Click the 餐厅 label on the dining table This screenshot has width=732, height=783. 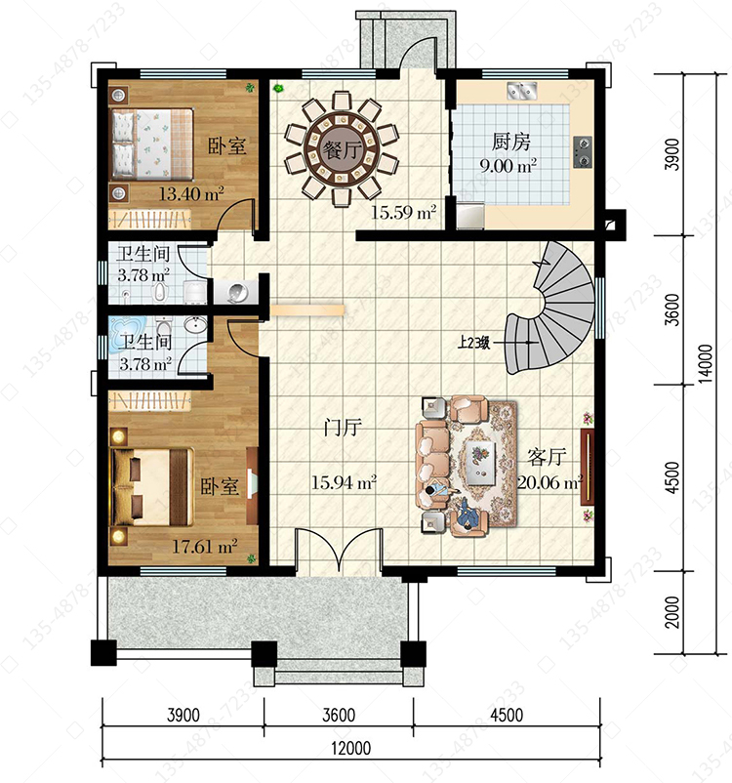click(x=342, y=149)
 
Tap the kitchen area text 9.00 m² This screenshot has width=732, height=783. click(x=508, y=165)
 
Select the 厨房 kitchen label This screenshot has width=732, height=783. click(x=510, y=142)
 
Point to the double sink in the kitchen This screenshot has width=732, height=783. click(x=522, y=91)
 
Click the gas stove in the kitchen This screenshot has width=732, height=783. click(x=583, y=151)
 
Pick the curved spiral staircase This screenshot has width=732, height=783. click(x=551, y=308)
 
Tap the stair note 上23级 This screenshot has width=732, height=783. click(x=473, y=343)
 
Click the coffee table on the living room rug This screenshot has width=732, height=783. click(x=481, y=462)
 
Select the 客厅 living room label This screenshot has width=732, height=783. click(x=548, y=457)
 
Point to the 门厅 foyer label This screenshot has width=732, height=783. click(x=343, y=428)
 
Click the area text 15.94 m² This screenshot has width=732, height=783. click(x=344, y=482)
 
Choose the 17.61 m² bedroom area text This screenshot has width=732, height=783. click(x=205, y=547)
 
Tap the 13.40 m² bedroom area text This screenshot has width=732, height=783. click(x=191, y=193)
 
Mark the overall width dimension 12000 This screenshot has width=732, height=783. click(x=351, y=748)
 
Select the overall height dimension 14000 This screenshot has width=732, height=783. click(x=706, y=363)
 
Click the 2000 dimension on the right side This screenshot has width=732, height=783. click(x=672, y=613)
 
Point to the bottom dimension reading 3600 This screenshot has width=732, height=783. click(x=339, y=715)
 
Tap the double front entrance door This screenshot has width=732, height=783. click(x=340, y=551)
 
